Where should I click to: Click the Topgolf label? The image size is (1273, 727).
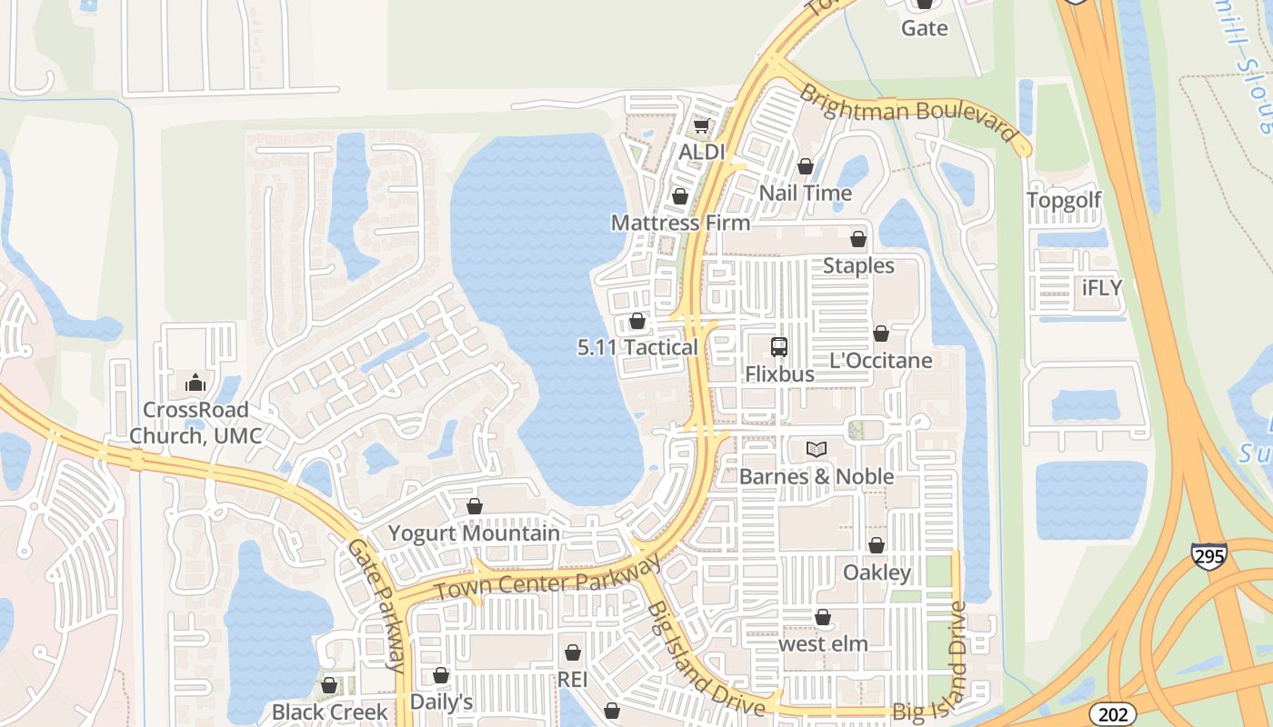point(1064,200)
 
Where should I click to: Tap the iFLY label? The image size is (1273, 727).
point(1102,288)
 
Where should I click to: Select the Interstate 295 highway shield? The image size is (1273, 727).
point(1208,556)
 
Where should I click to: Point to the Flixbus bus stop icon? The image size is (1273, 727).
point(779,346)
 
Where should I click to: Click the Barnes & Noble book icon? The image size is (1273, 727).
point(817,449)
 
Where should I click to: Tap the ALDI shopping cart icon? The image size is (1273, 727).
point(701,126)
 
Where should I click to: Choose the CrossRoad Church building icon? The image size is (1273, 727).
point(195,383)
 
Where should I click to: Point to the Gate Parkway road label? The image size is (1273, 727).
point(376,604)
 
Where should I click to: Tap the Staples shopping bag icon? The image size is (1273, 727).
point(857,239)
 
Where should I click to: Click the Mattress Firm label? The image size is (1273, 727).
point(680,223)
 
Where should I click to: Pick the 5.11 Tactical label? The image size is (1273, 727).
point(637,347)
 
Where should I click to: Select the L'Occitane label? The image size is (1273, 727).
point(880,361)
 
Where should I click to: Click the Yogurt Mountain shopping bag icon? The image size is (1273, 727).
point(474,506)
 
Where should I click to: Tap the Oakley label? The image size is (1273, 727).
point(877,573)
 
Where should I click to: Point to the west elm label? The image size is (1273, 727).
point(823,644)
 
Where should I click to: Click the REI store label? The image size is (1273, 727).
point(573,680)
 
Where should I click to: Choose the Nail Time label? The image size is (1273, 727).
point(805,193)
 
